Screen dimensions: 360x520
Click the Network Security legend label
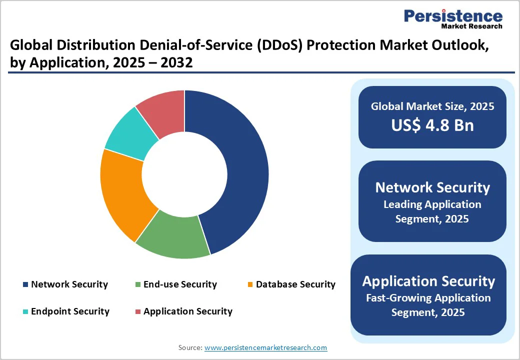click(69, 284)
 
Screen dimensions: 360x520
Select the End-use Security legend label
click(180, 284)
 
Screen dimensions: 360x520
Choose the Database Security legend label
click(295, 284)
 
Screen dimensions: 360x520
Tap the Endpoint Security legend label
click(70, 311)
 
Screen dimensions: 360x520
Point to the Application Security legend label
click(188, 311)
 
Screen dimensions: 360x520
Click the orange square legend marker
click(250, 285)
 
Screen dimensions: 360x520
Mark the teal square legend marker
click(25, 312)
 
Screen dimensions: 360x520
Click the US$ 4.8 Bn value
click(432, 125)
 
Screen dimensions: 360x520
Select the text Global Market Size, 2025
click(432, 106)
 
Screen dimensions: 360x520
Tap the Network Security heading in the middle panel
click(432, 187)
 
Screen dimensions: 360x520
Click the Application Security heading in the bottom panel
click(428, 281)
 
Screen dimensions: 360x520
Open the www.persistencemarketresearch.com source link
click(266, 347)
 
